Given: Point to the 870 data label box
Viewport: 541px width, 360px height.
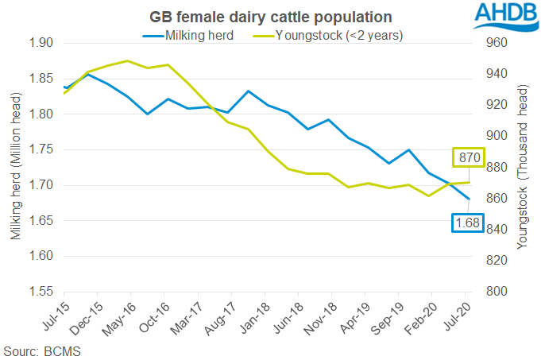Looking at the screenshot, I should pyautogui.click(x=468, y=157).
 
